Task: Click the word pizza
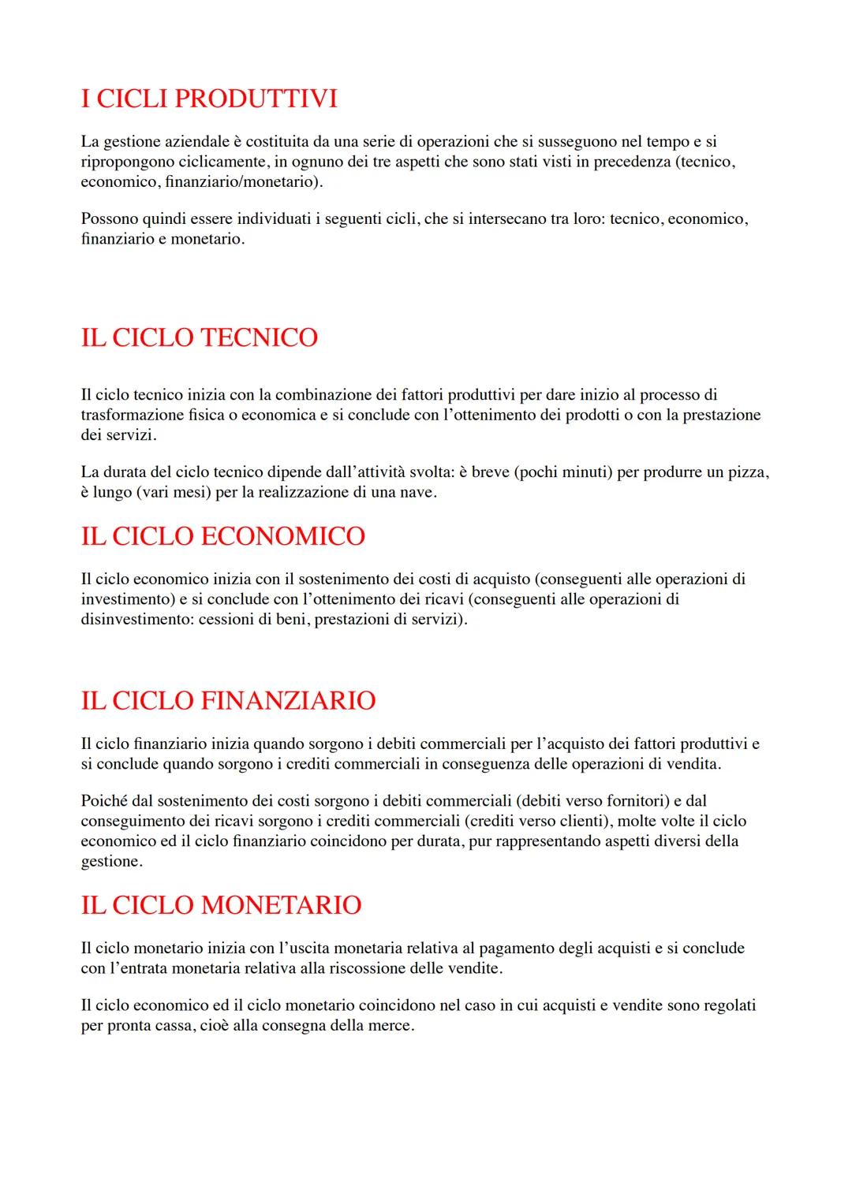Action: click(747, 472)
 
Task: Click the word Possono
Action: click(107, 218)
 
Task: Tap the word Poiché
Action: click(104, 801)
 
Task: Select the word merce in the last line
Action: click(391, 1026)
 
